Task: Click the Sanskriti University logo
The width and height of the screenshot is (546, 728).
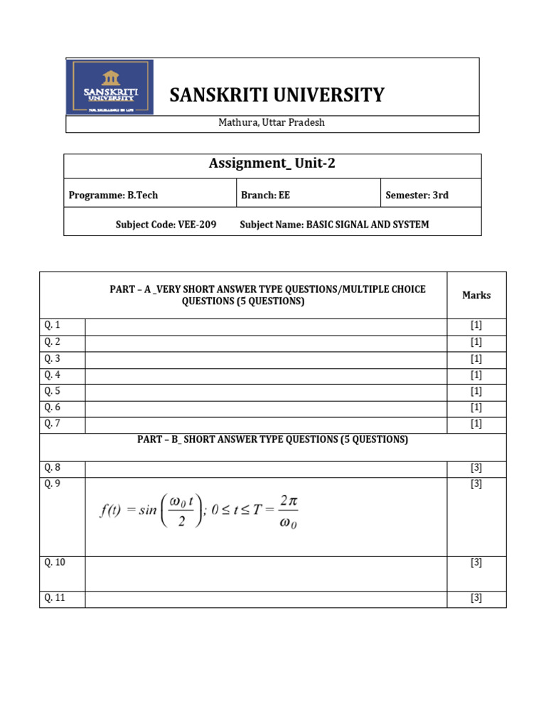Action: tap(109, 87)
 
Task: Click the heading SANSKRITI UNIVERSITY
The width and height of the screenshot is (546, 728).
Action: tap(277, 95)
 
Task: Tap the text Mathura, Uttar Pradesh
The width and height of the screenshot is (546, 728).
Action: tap(272, 122)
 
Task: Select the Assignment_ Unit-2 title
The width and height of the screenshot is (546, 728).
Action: tap(272, 164)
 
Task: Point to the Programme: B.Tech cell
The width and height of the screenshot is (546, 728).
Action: tap(113, 195)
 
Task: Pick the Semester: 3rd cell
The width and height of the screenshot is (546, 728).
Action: tap(417, 195)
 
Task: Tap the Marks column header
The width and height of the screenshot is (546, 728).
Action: tap(476, 295)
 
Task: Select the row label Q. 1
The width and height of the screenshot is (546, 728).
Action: tap(53, 326)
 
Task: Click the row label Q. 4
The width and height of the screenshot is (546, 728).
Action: tap(53, 375)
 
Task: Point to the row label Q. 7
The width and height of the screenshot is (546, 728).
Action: tap(53, 424)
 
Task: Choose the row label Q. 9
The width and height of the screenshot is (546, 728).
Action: tap(53, 484)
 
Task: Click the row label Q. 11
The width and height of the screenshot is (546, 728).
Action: tap(55, 598)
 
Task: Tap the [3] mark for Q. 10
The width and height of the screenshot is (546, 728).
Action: tap(476, 562)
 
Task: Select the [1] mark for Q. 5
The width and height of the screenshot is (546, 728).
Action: tap(476, 391)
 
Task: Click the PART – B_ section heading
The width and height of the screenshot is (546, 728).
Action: tap(272, 440)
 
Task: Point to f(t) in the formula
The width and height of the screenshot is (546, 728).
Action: tap(112, 512)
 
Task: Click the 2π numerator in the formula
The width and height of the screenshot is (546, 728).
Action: tap(288, 500)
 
